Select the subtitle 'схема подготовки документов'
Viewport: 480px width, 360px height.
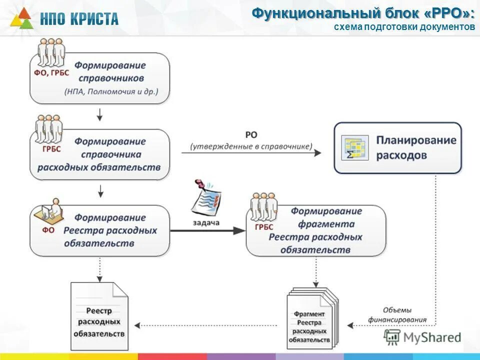click(x=404, y=27)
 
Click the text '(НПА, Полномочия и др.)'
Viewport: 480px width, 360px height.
click(x=110, y=91)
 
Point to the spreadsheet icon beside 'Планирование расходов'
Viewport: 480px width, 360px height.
click(x=354, y=148)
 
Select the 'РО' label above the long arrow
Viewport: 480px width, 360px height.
click(x=251, y=135)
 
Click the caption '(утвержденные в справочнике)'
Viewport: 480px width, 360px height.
click(x=251, y=146)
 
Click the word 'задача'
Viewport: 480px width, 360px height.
click(x=206, y=222)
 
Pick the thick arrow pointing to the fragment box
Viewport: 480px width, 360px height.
click(x=207, y=230)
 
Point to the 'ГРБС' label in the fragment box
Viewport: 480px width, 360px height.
click(x=263, y=227)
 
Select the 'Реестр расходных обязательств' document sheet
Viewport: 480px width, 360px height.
click(x=99, y=316)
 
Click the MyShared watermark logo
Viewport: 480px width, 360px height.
click(x=422, y=337)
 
